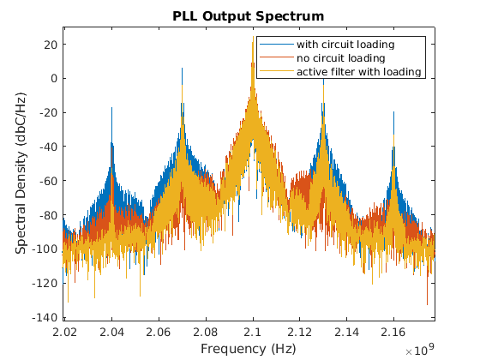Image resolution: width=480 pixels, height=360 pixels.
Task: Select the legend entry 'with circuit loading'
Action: (x=345, y=44)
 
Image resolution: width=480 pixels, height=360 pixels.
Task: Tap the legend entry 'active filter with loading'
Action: (x=359, y=71)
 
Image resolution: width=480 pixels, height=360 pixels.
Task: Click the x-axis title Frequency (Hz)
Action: (x=249, y=349)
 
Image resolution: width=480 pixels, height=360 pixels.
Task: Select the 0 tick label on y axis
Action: (x=54, y=78)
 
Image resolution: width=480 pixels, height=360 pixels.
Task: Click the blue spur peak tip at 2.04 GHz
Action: (x=111, y=107)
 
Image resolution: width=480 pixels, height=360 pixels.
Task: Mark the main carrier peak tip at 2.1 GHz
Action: (x=253, y=38)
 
